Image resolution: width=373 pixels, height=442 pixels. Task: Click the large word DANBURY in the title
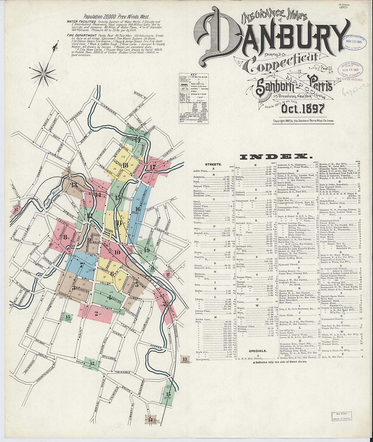(x=271, y=36)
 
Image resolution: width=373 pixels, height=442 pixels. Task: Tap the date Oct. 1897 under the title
(x=303, y=109)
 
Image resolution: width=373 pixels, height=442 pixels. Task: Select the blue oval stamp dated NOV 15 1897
(x=356, y=43)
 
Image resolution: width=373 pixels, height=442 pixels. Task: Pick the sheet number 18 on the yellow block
(x=126, y=165)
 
